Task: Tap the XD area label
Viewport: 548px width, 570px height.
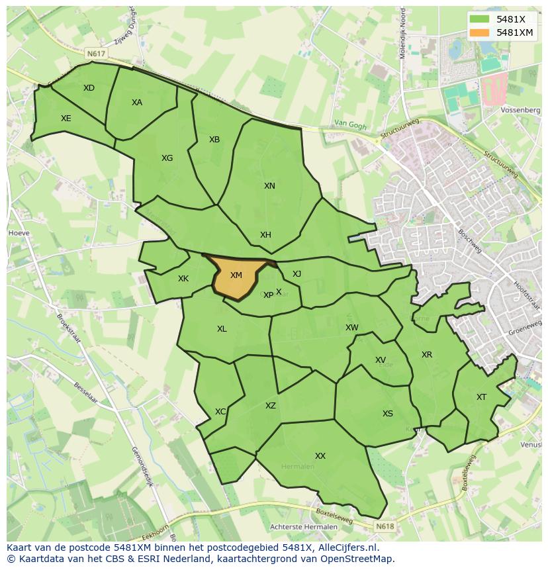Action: (x=89, y=88)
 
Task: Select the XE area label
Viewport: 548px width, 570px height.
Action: (x=66, y=119)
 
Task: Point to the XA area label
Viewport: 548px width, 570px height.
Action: (x=137, y=103)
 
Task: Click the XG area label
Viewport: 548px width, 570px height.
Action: (x=167, y=158)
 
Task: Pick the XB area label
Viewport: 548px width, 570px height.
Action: (x=214, y=140)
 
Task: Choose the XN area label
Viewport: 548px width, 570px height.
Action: (x=269, y=186)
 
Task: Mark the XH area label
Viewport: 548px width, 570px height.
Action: (x=265, y=235)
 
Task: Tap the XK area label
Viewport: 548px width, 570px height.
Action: (x=183, y=279)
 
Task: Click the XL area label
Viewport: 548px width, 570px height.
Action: (x=222, y=329)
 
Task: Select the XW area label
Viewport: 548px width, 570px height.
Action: (x=352, y=328)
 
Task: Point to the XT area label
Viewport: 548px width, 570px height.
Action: (x=481, y=397)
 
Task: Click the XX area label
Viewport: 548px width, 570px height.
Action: (x=320, y=456)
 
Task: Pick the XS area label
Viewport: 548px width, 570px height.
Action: (x=388, y=414)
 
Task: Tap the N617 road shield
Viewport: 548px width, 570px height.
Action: (x=95, y=53)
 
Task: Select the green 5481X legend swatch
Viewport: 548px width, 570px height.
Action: (x=480, y=19)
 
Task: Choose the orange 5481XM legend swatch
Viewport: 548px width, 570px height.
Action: (x=480, y=32)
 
